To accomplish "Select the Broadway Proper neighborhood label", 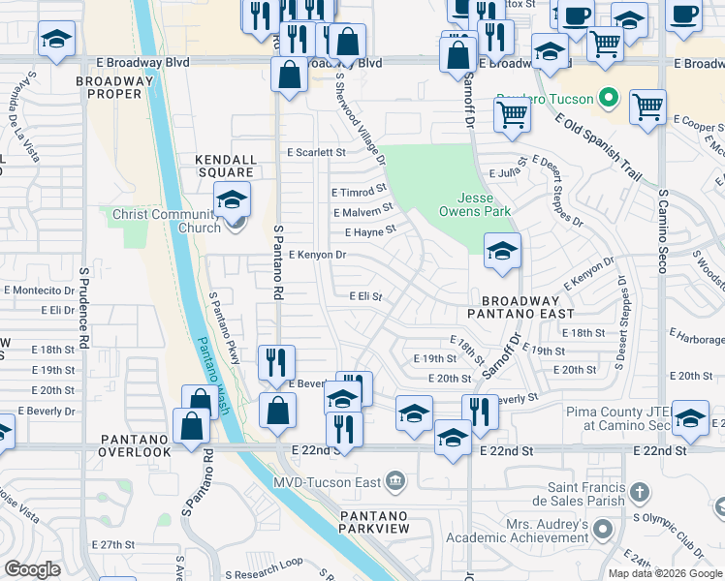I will point(115,87).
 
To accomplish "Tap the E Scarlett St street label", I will point(316,153).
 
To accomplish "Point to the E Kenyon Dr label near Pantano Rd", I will point(318,255).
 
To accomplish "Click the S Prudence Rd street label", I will point(84,308).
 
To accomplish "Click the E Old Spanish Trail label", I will point(599,147).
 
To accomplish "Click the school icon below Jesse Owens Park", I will point(502,251).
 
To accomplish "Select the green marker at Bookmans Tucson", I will point(609,98).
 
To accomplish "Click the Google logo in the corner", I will point(33,569).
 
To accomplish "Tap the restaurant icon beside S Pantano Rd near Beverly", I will point(276,362).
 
